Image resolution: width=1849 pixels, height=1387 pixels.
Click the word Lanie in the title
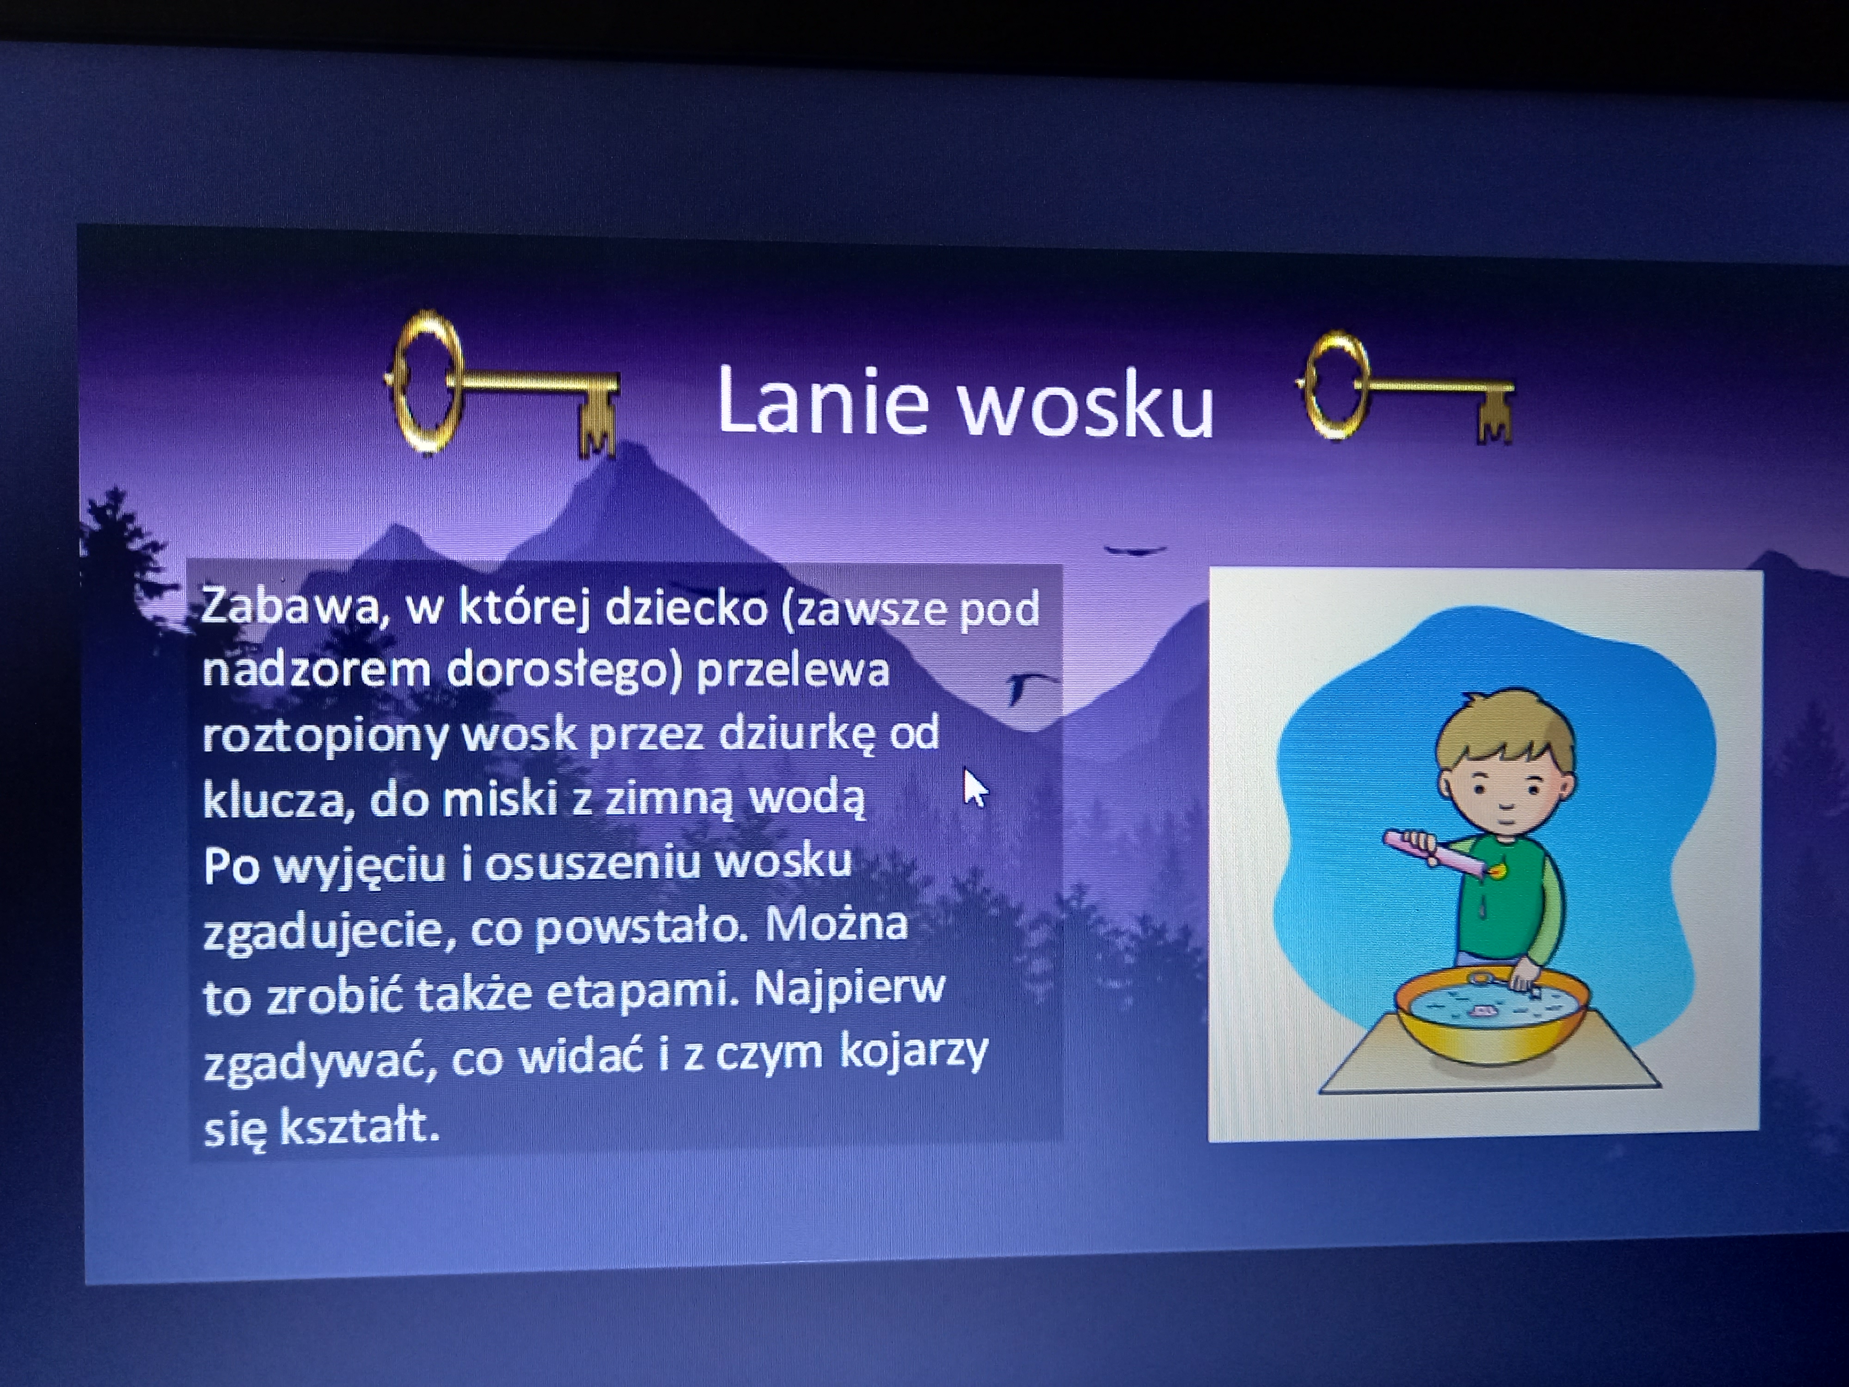823,399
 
